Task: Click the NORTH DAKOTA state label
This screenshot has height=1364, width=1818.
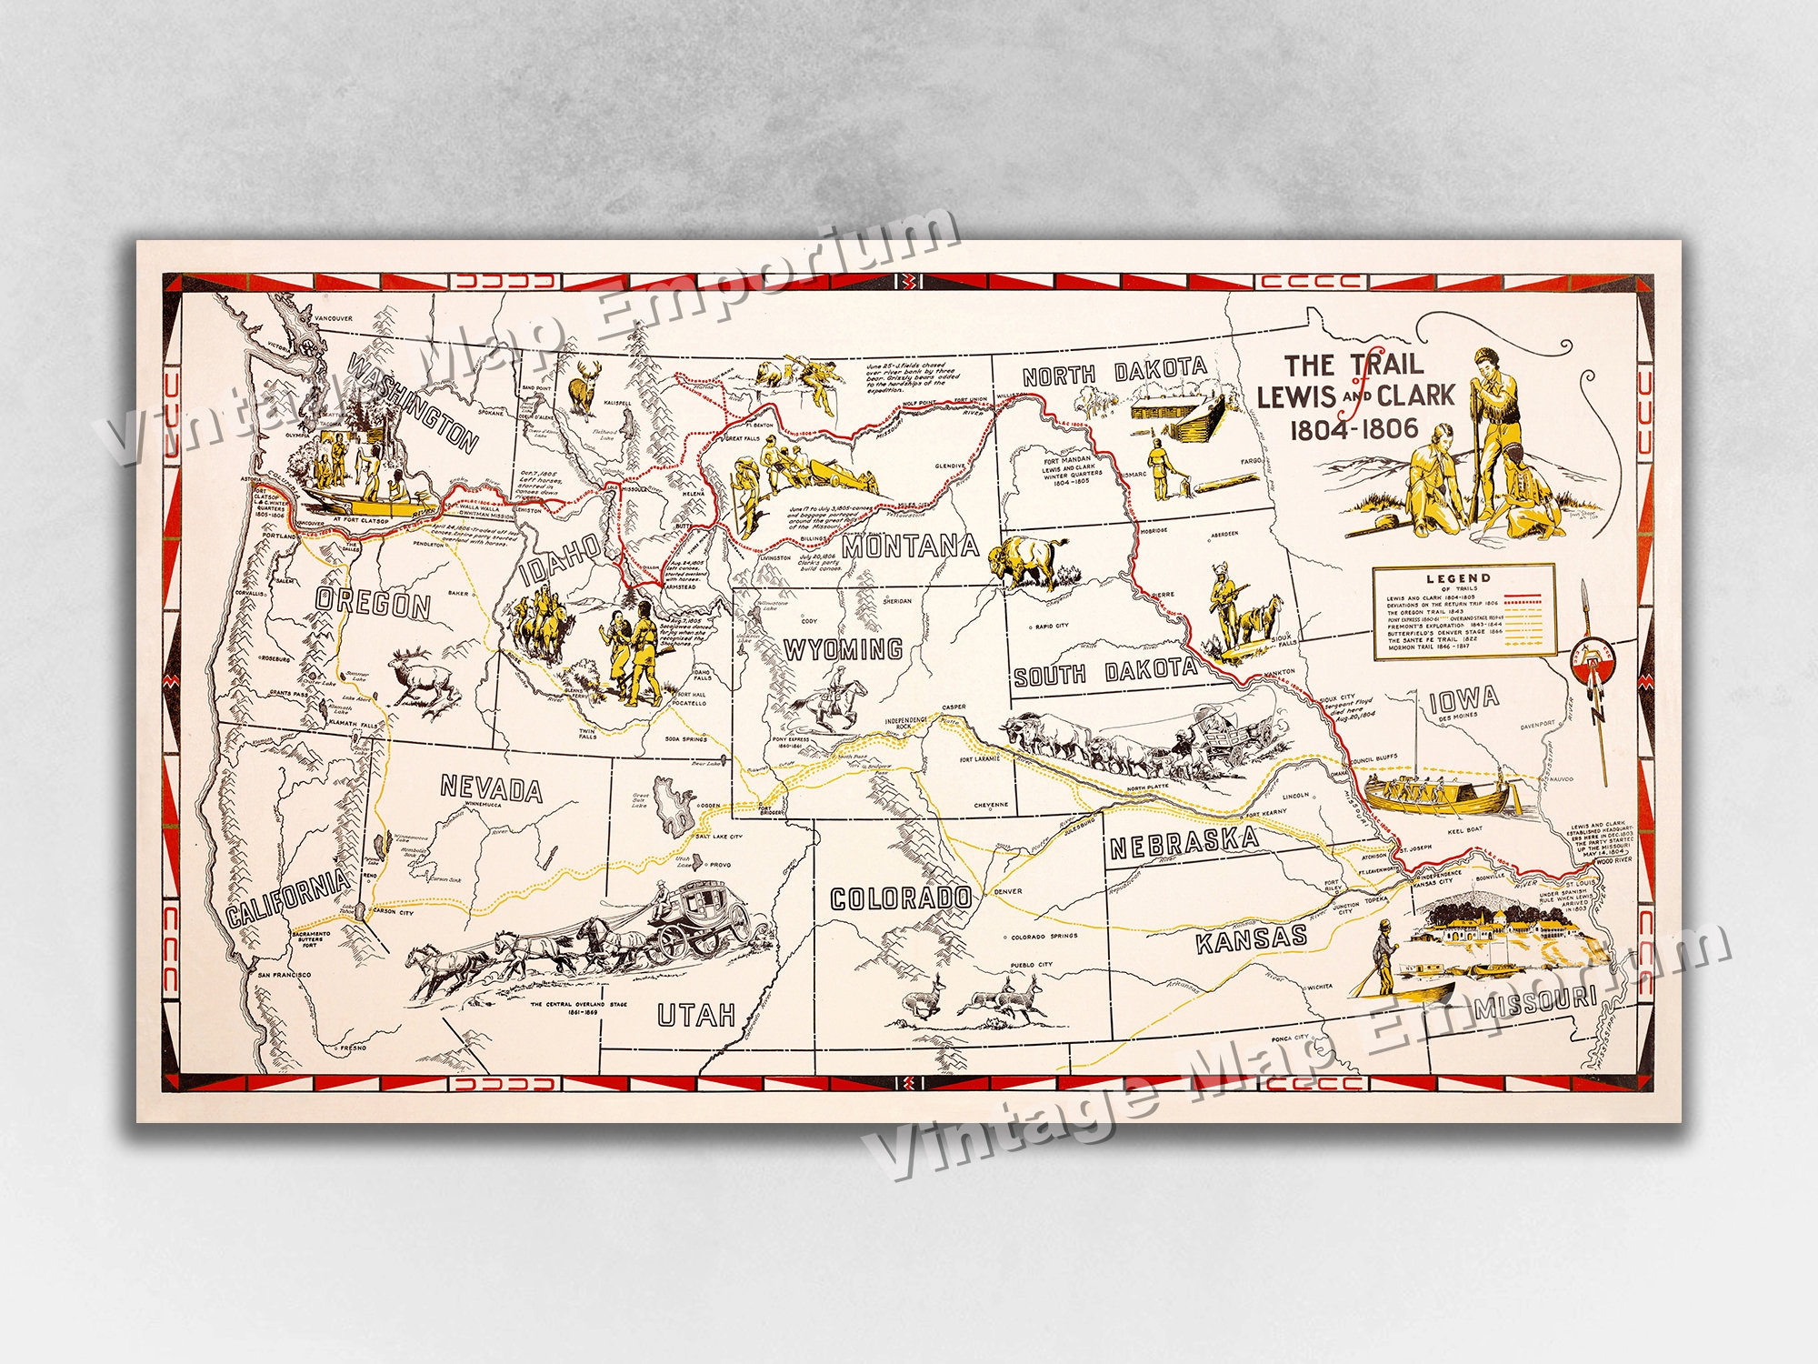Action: [x=1114, y=373]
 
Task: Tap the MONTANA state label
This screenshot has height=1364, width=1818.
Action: [x=910, y=546]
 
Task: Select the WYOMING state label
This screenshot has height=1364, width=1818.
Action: [x=844, y=649]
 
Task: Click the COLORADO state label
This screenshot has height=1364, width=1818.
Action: [x=900, y=898]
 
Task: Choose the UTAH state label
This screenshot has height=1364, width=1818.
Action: [x=696, y=1015]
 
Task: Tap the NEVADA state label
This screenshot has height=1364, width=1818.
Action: [x=491, y=788]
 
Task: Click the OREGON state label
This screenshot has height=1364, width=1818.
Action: [x=373, y=603]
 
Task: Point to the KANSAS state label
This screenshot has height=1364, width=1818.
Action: [x=1251, y=938]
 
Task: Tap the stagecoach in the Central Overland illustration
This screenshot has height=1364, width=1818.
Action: [x=700, y=918]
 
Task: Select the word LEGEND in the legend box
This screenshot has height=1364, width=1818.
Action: [x=1458, y=577]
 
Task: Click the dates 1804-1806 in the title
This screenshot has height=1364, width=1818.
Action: [x=1354, y=429]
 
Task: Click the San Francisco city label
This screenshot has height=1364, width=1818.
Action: [x=284, y=974]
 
